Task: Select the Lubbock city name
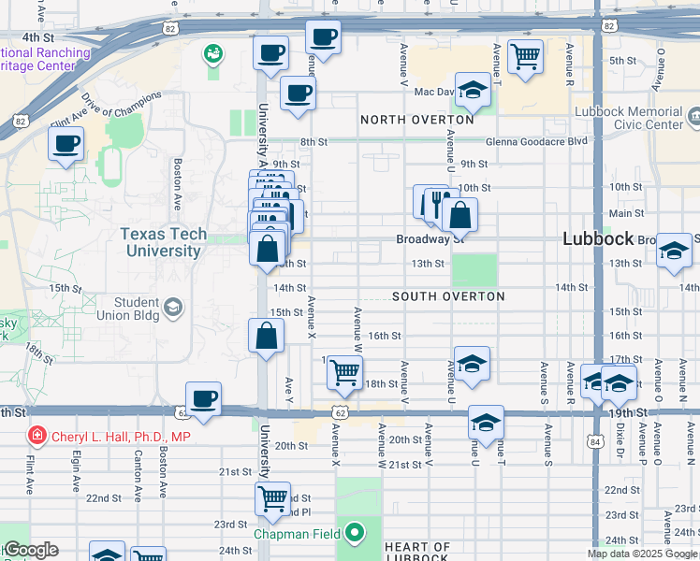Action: point(600,238)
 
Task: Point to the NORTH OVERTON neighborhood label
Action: point(417,120)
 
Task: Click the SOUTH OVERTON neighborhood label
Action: point(448,296)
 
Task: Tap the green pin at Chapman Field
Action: point(354,534)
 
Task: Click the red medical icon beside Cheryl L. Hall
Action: point(36,436)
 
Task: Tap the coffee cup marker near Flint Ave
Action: point(66,144)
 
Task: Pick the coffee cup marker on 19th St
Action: point(203,399)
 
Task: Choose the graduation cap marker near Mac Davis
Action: point(473,91)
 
